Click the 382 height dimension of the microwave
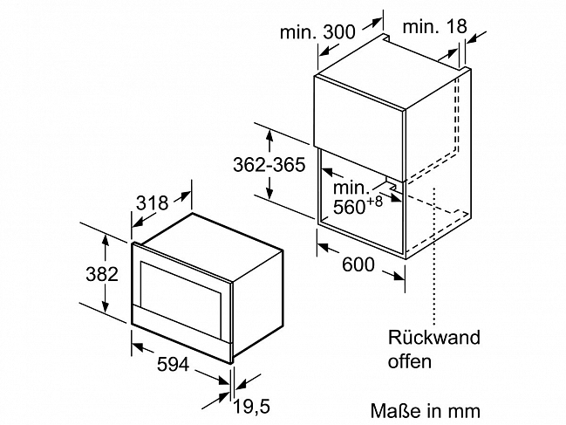pyautogui.click(x=102, y=274)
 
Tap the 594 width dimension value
pyautogui.click(x=173, y=364)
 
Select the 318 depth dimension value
pyautogui.click(x=152, y=203)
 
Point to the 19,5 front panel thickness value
pyautogui.click(x=252, y=407)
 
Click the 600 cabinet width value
pyautogui.click(x=358, y=264)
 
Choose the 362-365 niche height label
pyautogui.click(x=269, y=165)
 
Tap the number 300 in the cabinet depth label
pyautogui.click(x=339, y=32)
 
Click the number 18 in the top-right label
pyautogui.click(x=456, y=26)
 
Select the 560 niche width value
pyautogui.click(x=349, y=207)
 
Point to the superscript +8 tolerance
pyautogui.click(x=374, y=201)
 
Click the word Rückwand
pyautogui.click(x=434, y=337)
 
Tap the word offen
pyautogui.click(x=409, y=361)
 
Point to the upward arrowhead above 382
pyautogui.click(x=105, y=240)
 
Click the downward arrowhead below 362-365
pyautogui.click(x=269, y=193)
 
